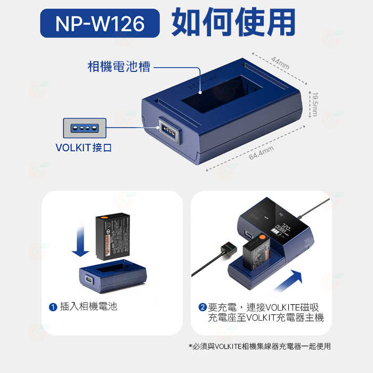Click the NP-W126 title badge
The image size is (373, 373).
pyautogui.click(x=100, y=23)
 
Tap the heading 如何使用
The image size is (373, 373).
pyautogui.click(x=233, y=22)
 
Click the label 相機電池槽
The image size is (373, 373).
pyautogui.click(x=119, y=67)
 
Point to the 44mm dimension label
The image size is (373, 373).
pyautogui.click(x=280, y=62)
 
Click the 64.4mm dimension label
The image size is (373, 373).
pyautogui.click(x=261, y=152)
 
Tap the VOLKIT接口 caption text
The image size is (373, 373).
pyautogui.click(x=84, y=147)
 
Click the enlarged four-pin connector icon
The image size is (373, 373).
pyautogui.click(x=84, y=128)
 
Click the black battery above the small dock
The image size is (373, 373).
pyautogui.click(x=112, y=236)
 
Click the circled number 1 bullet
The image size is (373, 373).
pyautogui.click(x=53, y=307)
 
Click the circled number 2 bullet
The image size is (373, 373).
pyautogui.click(x=202, y=307)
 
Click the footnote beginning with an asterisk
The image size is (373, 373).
pyautogui.click(x=260, y=346)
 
